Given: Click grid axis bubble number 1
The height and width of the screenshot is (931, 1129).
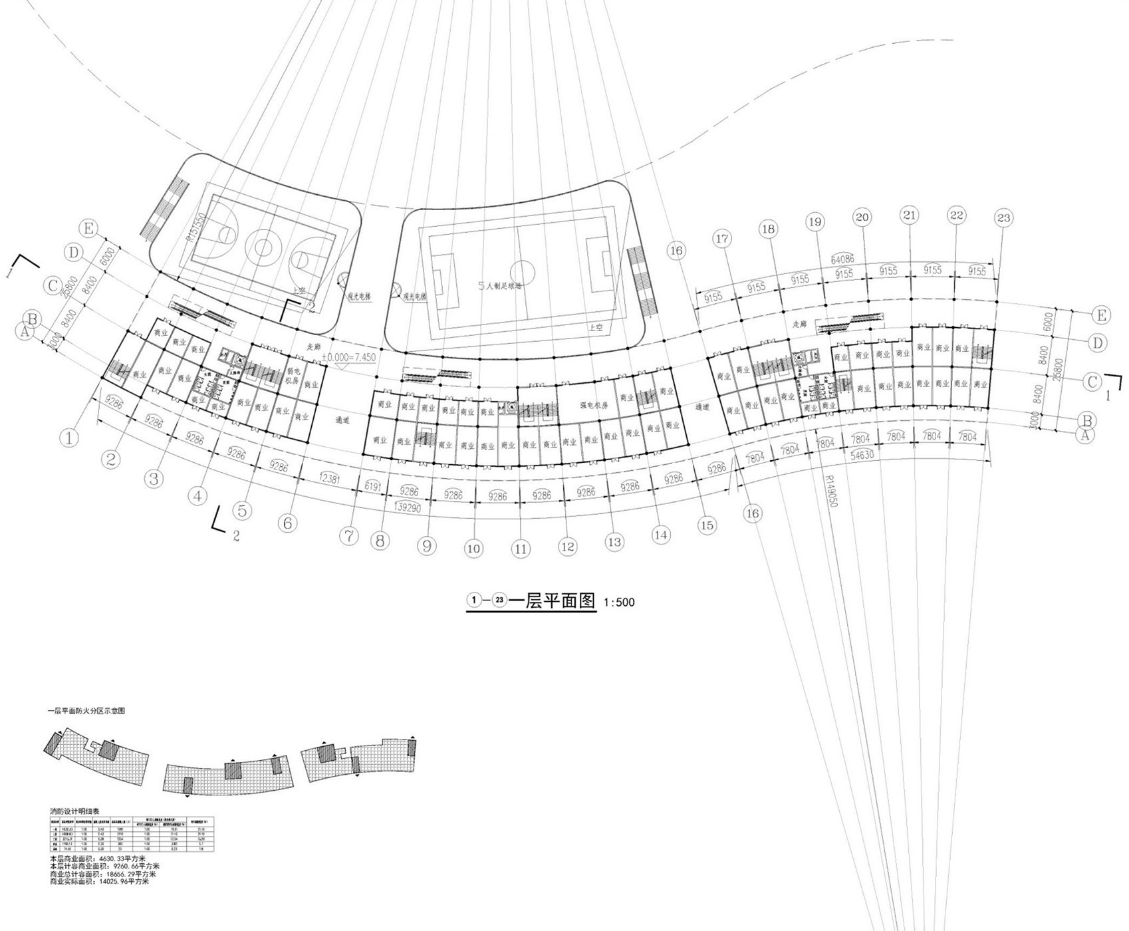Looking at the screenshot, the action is [x=70, y=438].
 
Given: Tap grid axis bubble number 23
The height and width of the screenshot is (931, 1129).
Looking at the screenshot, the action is [x=1003, y=217].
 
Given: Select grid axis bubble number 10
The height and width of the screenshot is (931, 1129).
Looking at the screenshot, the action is [x=473, y=549].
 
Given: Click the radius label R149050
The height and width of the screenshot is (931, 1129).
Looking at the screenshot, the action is [x=830, y=491].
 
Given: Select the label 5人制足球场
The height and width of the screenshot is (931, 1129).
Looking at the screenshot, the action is [x=501, y=285].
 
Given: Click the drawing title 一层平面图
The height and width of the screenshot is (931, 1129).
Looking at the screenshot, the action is [x=551, y=600].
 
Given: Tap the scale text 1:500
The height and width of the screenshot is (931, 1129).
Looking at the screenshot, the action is [x=619, y=602].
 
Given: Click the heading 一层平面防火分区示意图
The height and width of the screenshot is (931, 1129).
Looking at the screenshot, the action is [x=86, y=711].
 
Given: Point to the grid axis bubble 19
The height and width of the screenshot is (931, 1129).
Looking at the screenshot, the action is [x=815, y=221].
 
